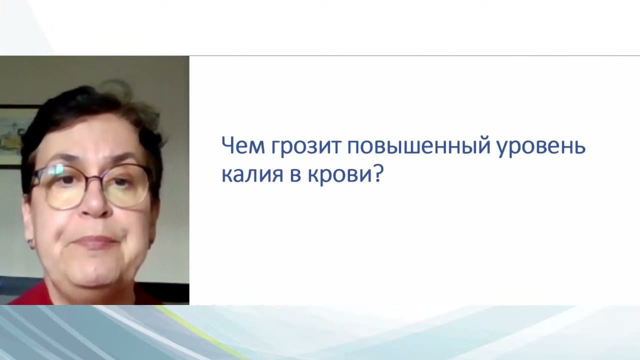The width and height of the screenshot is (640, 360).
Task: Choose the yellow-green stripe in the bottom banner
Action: (x=210, y=330)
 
